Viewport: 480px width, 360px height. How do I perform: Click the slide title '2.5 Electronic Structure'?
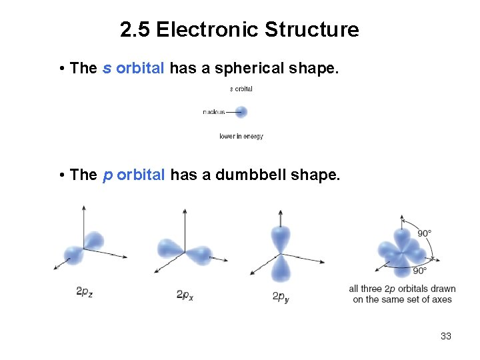point(239,30)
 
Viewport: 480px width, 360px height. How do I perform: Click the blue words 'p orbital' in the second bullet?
point(133,175)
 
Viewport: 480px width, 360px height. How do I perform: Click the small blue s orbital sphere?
point(241,112)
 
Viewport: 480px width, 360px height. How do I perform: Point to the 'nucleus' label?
point(214,112)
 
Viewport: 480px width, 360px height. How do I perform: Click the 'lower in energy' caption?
point(241,137)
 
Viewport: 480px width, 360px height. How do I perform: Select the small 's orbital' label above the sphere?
point(241,89)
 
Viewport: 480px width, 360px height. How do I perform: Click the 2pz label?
point(84,292)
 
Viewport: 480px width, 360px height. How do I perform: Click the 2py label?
point(281,296)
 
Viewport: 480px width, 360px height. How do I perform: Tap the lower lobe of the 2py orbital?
point(281,269)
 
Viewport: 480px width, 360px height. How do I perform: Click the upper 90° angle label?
point(424,233)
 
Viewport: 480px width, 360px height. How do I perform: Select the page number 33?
point(446,336)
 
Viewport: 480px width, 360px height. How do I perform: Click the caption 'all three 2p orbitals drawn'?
point(402,289)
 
